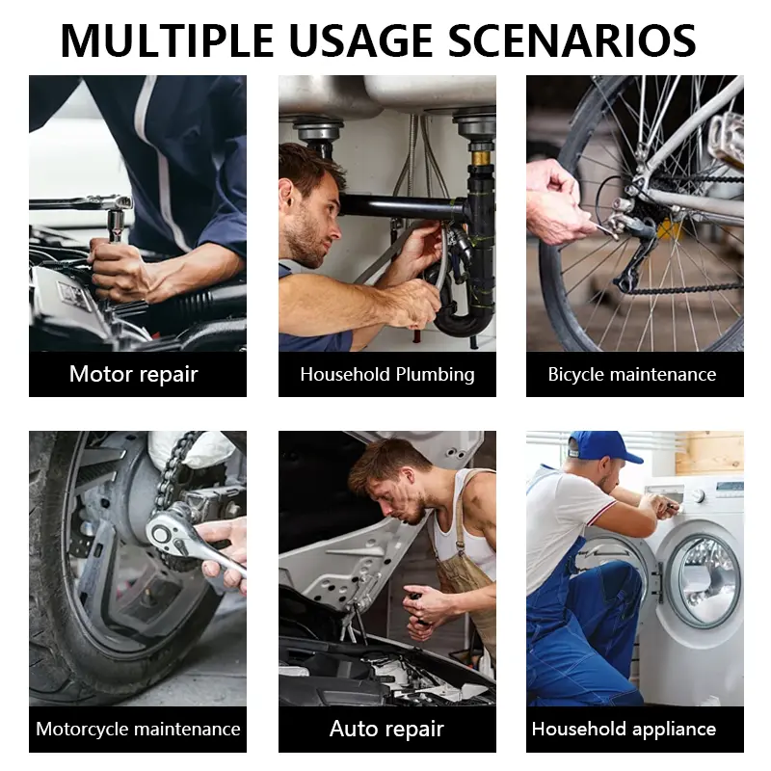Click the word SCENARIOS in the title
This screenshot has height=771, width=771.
point(572,40)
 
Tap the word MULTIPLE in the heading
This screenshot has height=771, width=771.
point(167,40)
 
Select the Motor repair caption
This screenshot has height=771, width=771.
point(134,374)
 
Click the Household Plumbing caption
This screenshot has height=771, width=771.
point(387,375)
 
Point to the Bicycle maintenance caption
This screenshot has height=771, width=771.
point(632,375)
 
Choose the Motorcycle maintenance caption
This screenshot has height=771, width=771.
point(138,729)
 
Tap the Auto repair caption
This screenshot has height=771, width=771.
point(387,730)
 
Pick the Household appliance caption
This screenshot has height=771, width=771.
point(624,730)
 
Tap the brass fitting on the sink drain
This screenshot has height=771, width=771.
point(480,158)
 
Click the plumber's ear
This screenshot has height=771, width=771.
point(286,194)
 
